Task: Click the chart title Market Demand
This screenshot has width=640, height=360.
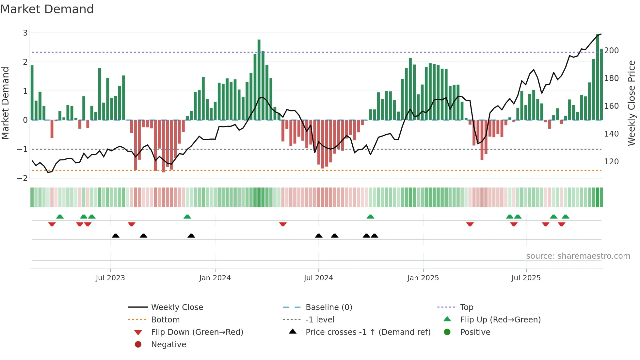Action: coord(47,9)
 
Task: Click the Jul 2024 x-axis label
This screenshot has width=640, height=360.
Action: coord(318,278)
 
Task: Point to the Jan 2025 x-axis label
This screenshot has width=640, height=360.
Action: coord(423,278)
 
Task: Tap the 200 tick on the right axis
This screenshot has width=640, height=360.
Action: coord(611,51)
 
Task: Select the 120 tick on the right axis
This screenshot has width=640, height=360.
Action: coord(611,162)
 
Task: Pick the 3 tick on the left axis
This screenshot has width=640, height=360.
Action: coord(25,33)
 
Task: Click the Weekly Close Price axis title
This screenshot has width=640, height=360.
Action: coord(632,103)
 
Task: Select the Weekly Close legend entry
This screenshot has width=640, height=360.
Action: coord(177,307)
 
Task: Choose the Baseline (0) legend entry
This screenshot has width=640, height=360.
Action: coord(328,307)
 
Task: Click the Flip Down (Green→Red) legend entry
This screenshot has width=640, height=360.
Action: coord(197,332)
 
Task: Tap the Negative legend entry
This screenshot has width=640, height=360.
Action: coord(168,345)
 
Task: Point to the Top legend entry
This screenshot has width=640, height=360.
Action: coord(466,307)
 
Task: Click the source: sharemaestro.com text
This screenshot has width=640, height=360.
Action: coord(578,256)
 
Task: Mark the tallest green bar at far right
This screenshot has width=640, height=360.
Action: coord(598,77)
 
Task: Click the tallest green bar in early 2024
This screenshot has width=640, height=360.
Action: coord(259,80)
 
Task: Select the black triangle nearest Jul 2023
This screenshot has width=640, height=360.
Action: coord(116,236)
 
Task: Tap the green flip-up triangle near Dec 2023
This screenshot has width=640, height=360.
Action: coord(187,217)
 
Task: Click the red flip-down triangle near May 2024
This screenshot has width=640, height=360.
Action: coord(283,224)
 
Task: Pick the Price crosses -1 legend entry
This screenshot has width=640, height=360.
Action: coord(368,332)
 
